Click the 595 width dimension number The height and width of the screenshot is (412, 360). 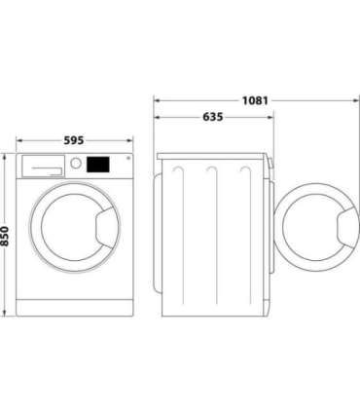tap(74, 139)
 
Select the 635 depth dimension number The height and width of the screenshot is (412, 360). tap(212, 117)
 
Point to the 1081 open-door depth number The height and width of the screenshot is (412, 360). tap(256, 99)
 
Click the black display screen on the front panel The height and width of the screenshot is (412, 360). tap(97, 165)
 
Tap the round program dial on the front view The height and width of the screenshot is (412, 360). tap(75, 165)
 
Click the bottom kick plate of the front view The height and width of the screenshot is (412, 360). tap(74, 309)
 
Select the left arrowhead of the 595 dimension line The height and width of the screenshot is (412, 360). tap(18, 147)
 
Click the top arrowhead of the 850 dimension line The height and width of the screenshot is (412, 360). tap(7, 156)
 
